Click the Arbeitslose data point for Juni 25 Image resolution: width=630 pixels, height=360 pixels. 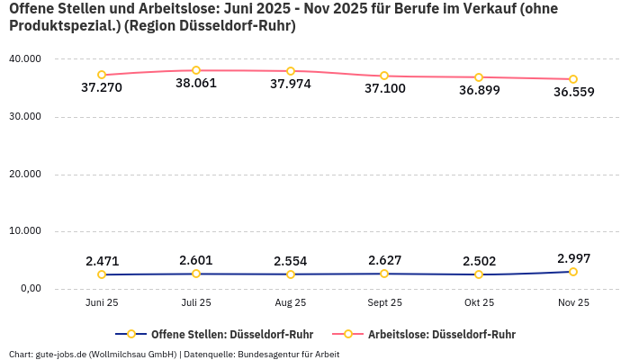point(102,75)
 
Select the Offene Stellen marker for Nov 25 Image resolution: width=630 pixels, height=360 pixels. point(573,272)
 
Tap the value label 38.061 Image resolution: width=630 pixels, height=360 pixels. point(196,83)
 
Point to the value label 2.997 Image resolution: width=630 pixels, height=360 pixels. point(573,258)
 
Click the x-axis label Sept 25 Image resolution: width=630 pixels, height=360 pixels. point(384,302)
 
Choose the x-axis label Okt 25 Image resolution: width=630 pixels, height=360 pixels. point(479,302)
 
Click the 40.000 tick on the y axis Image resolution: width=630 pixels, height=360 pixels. point(23,58)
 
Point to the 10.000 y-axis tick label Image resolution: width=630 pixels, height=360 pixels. point(23,231)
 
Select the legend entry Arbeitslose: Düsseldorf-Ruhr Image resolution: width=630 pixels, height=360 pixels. point(441,334)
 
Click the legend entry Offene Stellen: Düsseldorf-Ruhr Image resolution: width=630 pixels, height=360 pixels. point(232,334)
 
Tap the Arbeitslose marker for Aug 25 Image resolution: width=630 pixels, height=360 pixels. point(291,71)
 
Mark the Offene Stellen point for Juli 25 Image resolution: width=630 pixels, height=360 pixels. point(196,274)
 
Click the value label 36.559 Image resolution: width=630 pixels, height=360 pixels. point(573,92)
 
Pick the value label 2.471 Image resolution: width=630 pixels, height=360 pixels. point(102,261)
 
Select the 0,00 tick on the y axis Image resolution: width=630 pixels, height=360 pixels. point(30,288)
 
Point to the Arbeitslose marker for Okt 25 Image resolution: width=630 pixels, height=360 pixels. point(479,77)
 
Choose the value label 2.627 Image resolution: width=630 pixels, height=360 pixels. point(384,260)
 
